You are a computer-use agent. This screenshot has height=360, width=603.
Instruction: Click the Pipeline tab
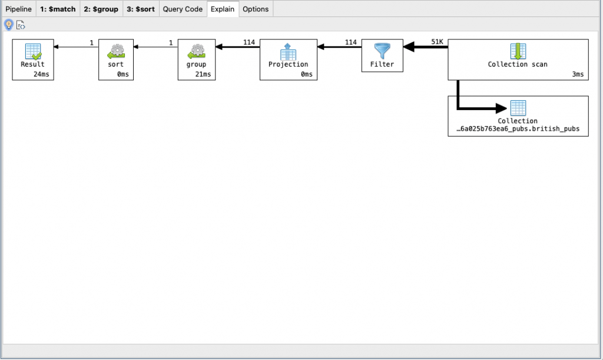pyautogui.click(x=18, y=9)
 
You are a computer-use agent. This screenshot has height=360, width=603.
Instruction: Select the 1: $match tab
pyautogui.click(x=58, y=9)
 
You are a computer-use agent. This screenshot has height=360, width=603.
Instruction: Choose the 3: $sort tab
pyautogui.click(x=141, y=9)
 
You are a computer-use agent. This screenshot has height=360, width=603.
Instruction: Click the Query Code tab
pyautogui.click(x=183, y=9)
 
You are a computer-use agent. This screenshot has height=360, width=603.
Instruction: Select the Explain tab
pyautogui.click(x=223, y=9)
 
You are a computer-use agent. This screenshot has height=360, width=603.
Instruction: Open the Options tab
pyautogui.click(x=256, y=9)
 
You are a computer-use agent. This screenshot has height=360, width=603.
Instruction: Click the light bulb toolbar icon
pyautogui.click(x=9, y=24)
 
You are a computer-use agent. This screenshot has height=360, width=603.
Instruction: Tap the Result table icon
pyautogui.click(x=33, y=51)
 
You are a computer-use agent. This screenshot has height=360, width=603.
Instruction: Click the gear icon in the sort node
pyautogui.click(x=116, y=51)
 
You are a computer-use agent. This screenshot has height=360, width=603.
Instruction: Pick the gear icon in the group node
pyautogui.click(x=196, y=51)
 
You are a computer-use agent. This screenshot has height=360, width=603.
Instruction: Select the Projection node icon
pyautogui.click(x=289, y=51)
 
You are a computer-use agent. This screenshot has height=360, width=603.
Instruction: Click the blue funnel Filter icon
pyautogui.click(x=382, y=51)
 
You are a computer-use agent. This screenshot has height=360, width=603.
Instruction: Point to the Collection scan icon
pyautogui.click(x=518, y=51)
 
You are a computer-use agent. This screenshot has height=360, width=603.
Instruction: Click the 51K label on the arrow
pyautogui.click(x=437, y=42)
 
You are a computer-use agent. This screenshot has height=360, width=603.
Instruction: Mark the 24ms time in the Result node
pyautogui.click(x=41, y=74)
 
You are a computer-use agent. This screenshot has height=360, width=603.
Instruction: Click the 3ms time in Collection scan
pyautogui.click(x=578, y=74)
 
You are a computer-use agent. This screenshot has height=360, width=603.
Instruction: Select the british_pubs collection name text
pyautogui.click(x=518, y=129)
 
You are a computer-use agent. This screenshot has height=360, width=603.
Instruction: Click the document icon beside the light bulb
pyautogui.click(x=21, y=25)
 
